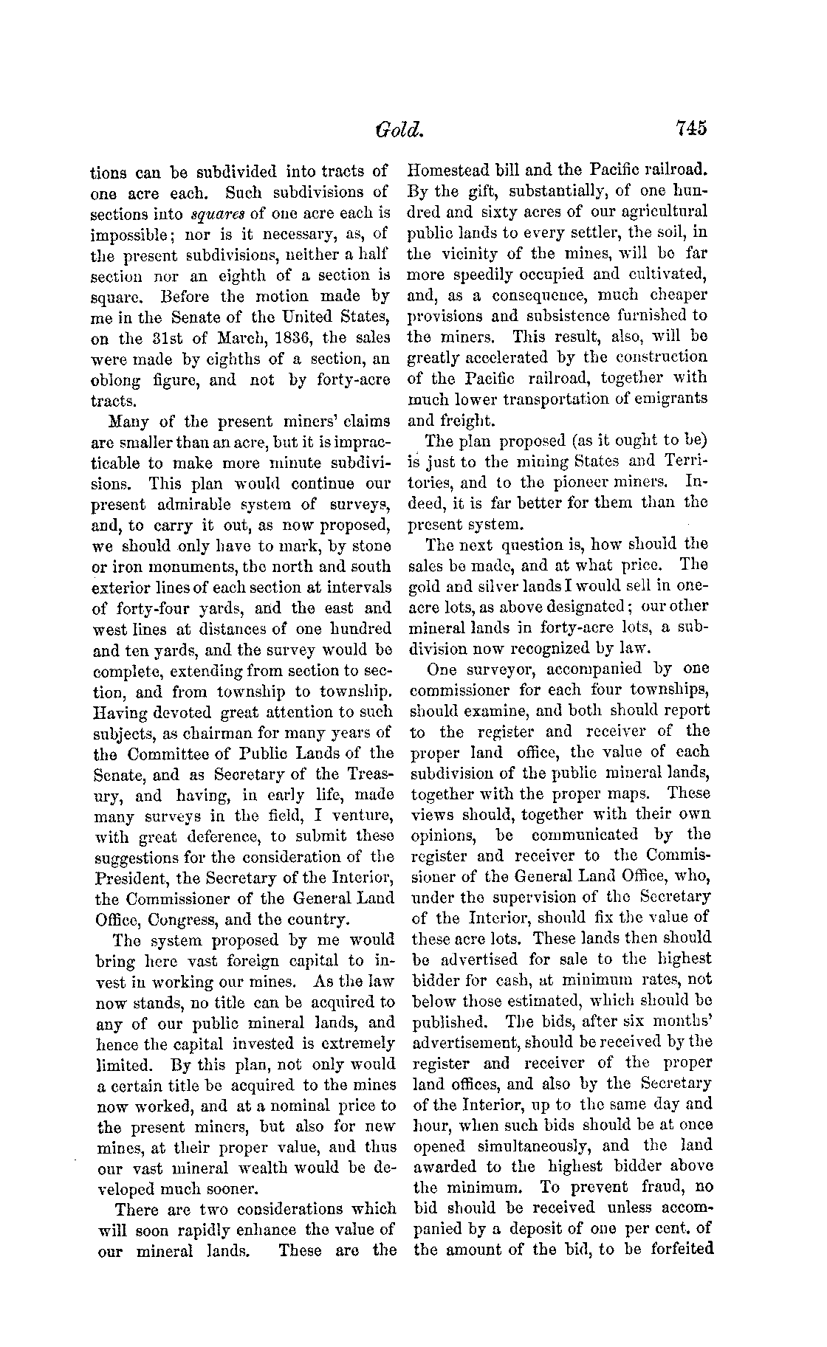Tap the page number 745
[690, 129]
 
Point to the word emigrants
[671, 399]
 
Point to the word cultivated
[666, 275]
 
